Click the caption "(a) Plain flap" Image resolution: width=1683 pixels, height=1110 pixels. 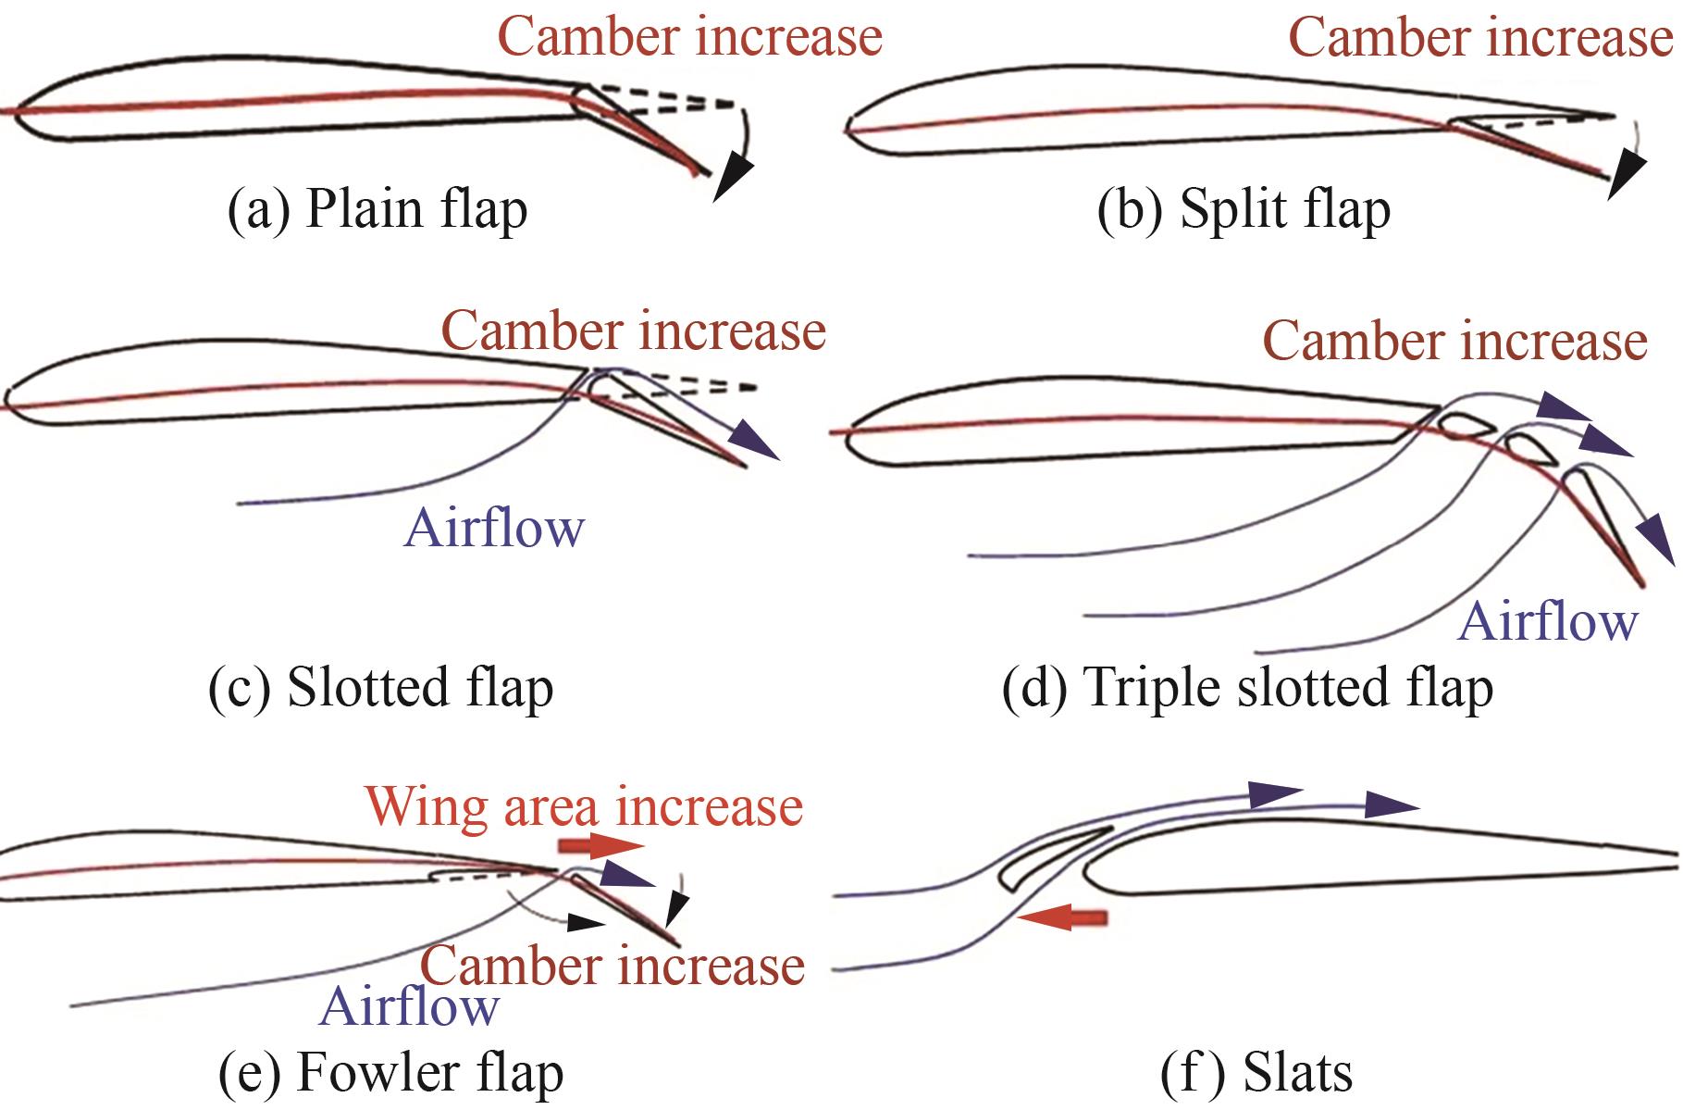pyautogui.click(x=377, y=210)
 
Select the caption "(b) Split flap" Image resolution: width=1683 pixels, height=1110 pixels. pyautogui.click(x=1244, y=210)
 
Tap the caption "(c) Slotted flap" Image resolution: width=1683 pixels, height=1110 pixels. pyautogui.click(x=381, y=688)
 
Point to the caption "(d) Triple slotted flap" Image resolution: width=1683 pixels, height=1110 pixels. pyautogui.click(x=1247, y=688)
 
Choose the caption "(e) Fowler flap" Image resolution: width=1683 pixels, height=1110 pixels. pyautogui.click(x=390, y=1073)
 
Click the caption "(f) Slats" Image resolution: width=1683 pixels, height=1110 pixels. pyautogui.click(x=1256, y=1073)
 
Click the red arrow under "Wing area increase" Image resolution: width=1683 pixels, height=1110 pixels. pyautogui.click(x=600, y=845)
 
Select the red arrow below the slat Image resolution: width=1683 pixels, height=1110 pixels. pyautogui.click(x=1061, y=917)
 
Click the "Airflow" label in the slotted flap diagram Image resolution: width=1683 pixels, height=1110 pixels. pyautogui.click(x=495, y=529)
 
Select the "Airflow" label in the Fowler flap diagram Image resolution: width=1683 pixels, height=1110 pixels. pyautogui.click(x=409, y=1005)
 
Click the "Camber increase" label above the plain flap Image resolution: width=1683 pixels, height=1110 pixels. pyautogui.click(x=690, y=37)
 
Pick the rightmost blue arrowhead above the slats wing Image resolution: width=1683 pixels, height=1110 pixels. pyautogui.click(x=1392, y=804)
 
